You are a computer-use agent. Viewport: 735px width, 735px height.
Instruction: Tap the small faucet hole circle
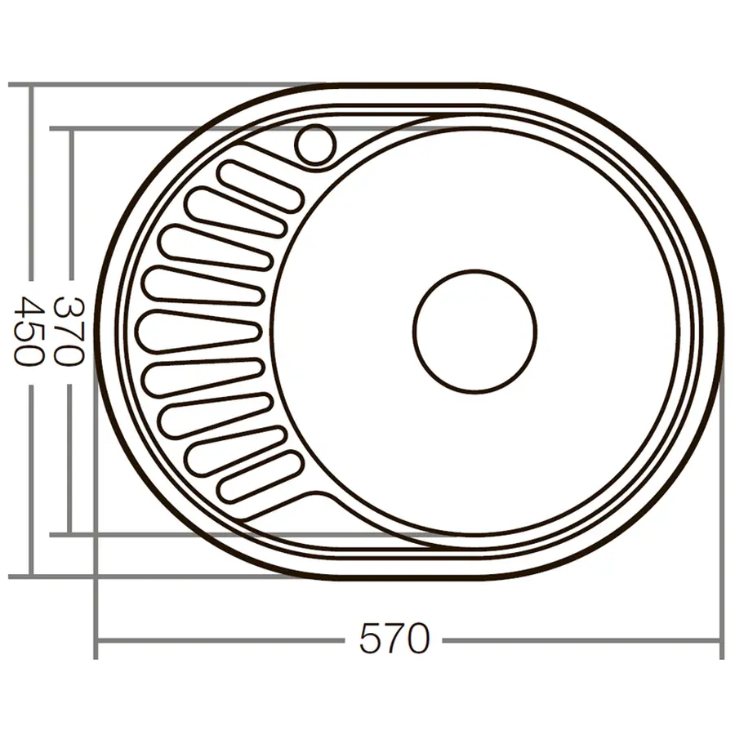[x=315, y=145]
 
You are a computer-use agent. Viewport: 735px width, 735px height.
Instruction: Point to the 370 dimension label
[x=69, y=331]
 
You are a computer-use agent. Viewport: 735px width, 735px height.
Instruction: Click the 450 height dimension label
[x=31, y=331]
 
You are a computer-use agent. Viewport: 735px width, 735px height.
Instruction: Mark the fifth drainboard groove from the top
[x=199, y=331]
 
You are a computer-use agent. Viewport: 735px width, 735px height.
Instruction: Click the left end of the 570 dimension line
[x=96, y=639]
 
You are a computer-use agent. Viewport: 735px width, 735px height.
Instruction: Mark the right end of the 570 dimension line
[x=721, y=639]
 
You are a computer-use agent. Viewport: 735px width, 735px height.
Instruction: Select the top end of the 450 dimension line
[x=31, y=85]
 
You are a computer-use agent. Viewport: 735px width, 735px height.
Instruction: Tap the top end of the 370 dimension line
[x=70, y=129]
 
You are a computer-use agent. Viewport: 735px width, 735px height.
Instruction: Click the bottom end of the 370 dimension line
[x=70, y=534]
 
